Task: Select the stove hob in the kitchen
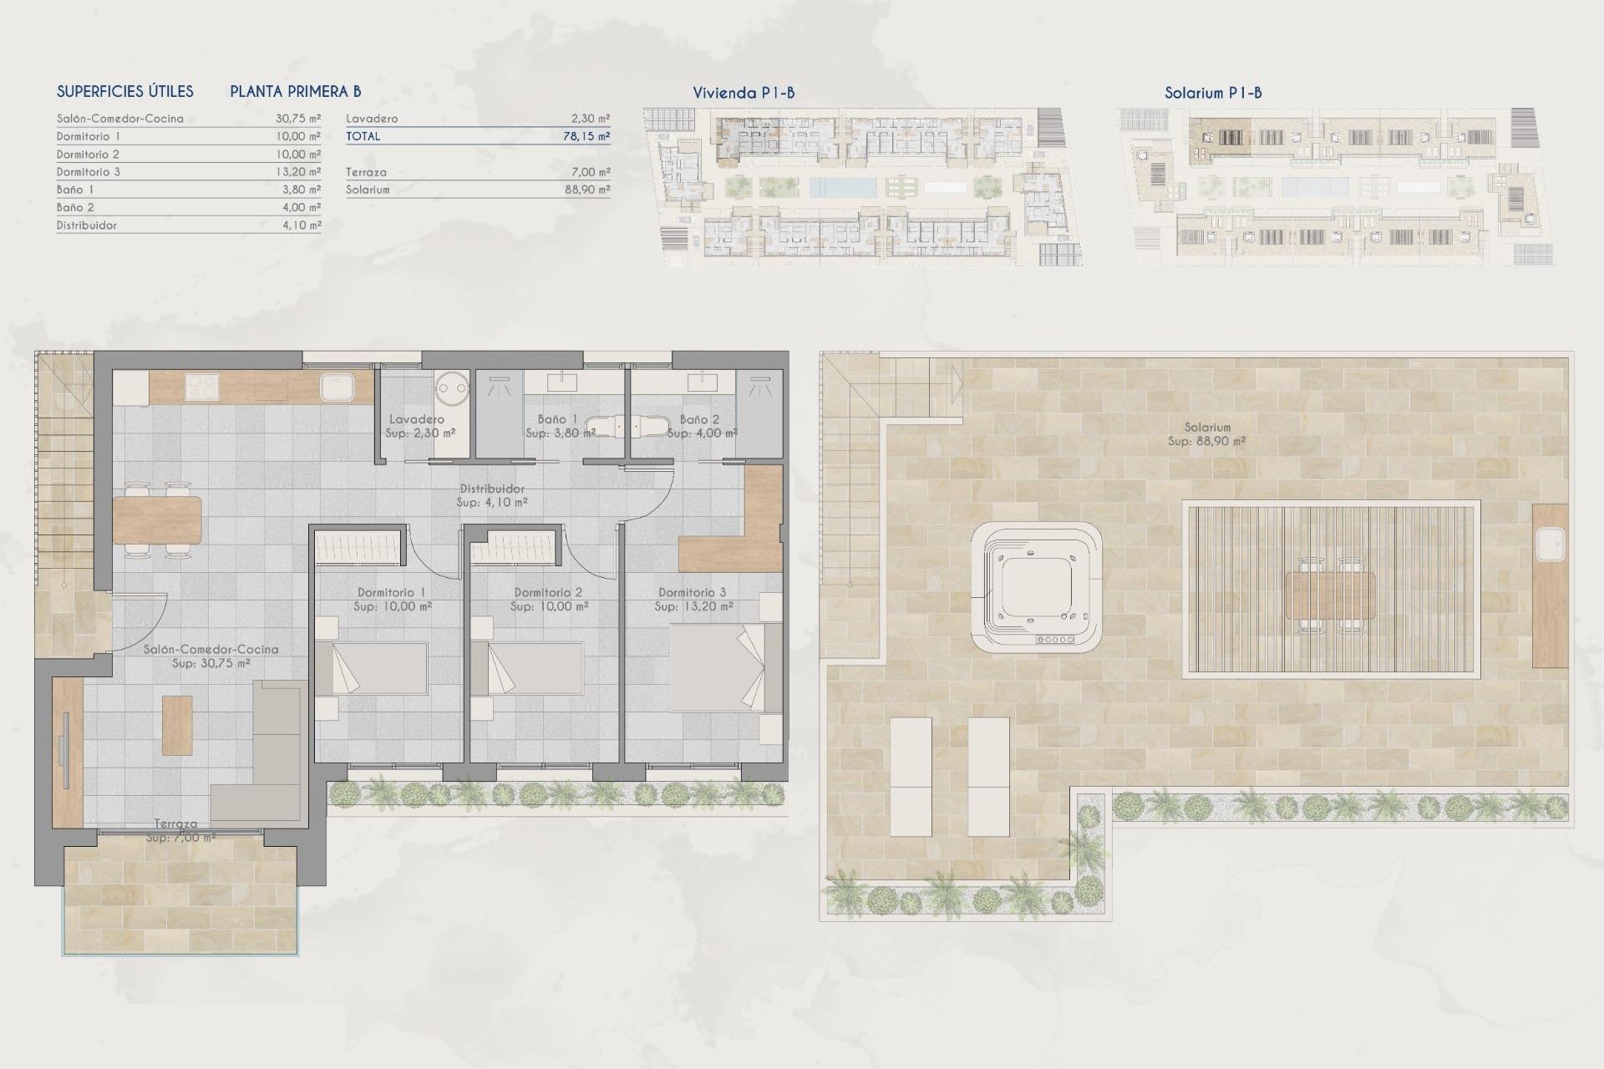[x=200, y=387]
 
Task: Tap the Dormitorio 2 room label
[x=548, y=592]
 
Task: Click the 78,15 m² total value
[x=586, y=136]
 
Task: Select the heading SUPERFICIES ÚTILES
[x=124, y=92]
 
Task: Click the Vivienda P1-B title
[x=743, y=93]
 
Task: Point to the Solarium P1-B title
[x=1212, y=93]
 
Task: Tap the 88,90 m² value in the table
[x=586, y=190]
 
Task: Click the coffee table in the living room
[x=177, y=725]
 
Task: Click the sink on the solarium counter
[x=1550, y=545]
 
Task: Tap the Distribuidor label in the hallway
[x=491, y=489]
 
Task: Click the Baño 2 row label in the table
[x=75, y=207]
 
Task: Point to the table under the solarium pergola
[x=1330, y=595]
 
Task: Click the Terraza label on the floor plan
[x=175, y=823]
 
